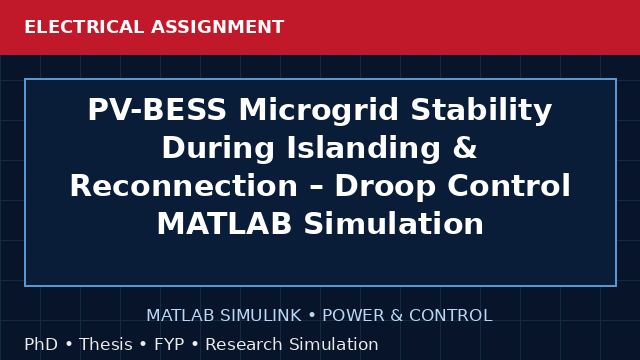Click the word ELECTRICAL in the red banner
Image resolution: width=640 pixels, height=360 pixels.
tap(84, 27)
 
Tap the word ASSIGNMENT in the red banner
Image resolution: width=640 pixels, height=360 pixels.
tap(218, 27)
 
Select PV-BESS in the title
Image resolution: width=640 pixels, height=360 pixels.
tap(157, 109)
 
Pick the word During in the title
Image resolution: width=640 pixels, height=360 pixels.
tap(218, 148)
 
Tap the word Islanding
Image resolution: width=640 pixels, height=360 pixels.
tap(364, 148)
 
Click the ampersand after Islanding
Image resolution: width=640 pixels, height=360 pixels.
tap(465, 147)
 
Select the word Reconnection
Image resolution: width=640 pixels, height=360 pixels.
tap(184, 185)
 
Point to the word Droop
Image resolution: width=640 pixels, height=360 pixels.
tap(385, 187)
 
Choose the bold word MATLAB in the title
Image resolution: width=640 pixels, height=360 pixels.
tap(224, 223)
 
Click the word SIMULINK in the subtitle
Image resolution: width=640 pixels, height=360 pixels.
tap(261, 315)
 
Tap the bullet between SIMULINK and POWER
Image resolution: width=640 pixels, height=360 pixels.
tap(312, 316)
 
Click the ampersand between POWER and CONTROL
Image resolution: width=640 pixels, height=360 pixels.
tap(397, 315)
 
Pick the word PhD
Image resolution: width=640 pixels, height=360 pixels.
tap(41, 344)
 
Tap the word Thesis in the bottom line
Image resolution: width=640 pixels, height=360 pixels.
tap(106, 344)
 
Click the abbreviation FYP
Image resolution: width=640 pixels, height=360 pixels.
tap(169, 344)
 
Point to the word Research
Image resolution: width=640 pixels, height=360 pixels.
tap(244, 344)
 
